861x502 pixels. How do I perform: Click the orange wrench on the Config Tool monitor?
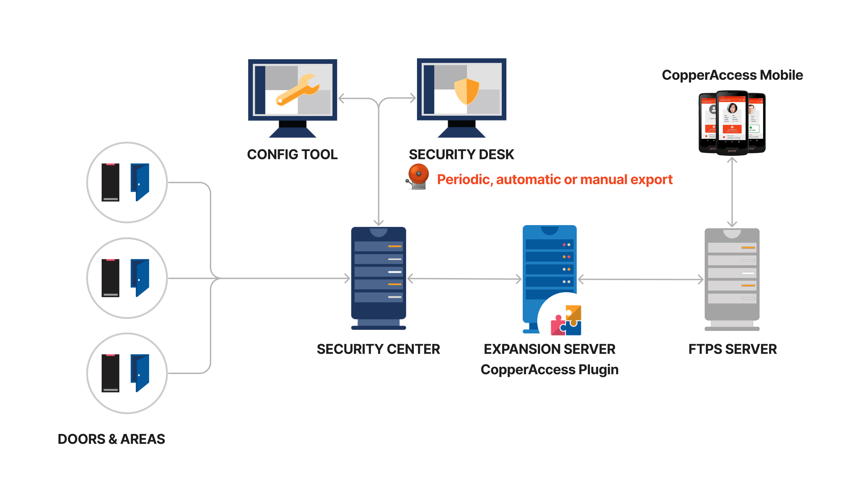(x=297, y=90)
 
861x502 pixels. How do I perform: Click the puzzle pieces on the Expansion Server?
(x=566, y=320)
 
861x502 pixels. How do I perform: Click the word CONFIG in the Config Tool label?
(x=274, y=154)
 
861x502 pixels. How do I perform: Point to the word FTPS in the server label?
(x=705, y=349)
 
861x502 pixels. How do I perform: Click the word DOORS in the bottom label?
(x=81, y=439)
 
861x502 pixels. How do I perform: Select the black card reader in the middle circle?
(x=110, y=278)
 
